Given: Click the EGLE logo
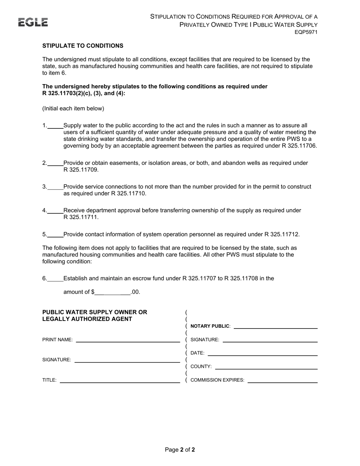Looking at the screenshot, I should click(x=33, y=22).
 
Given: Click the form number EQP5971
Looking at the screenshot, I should click(x=306, y=33).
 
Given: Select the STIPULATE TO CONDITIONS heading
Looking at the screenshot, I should click(x=83, y=46).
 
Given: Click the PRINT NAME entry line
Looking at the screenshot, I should click(x=128, y=340).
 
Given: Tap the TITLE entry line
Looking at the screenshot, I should click(x=120, y=381).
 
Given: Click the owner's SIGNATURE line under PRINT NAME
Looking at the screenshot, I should click(x=127, y=360).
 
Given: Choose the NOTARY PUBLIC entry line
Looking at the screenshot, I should click(x=275, y=327).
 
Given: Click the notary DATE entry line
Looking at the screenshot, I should click(x=262, y=353).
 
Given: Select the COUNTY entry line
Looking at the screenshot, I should click(x=266, y=367).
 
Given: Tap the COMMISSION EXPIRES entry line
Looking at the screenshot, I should click(x=282, y=381).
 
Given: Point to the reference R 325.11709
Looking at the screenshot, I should click(x=81, y=170).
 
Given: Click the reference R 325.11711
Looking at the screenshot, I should click(x=81, y=217).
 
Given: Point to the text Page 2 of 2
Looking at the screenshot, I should click(x=180, y=450).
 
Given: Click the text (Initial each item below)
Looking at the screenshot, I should click(x=73, y=109).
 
